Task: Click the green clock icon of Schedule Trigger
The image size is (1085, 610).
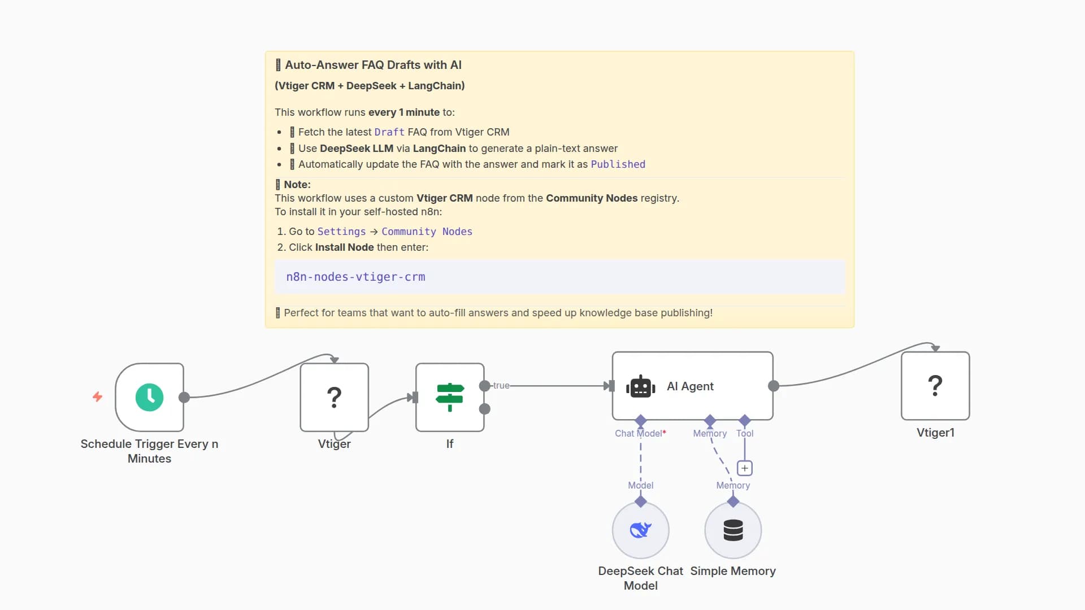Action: coord(149,397)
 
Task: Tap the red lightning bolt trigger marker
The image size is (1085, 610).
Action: coord(97,397)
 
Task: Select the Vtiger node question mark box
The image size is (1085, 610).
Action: coord(334,397)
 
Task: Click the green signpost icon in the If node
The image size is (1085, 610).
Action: coord(450,397)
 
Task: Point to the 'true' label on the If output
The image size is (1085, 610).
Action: coord(501,385)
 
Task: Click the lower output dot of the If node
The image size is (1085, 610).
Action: coord(485,409)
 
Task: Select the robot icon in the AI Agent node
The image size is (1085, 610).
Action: coord(640,386)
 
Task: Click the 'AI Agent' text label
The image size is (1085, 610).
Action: coord(690,386)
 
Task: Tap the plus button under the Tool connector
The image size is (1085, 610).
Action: coord(744,468)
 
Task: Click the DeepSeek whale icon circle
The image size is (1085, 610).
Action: coord(640,530)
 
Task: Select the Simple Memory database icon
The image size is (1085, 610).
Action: coord(733,530)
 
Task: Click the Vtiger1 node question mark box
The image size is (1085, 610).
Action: coord(935,386)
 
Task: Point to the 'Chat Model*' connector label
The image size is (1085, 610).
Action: coord(640,433)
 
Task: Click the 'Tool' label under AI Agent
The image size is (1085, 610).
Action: coord(744,433)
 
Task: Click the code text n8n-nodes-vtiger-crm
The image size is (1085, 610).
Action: coord(355,277)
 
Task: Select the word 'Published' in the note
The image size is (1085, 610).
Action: coord(618,164)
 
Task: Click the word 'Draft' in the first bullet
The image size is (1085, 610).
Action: coord(389,132)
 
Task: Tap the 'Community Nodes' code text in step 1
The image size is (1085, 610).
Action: coord(427,232)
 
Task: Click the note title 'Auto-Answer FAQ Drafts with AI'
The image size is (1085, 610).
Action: coord(373,65)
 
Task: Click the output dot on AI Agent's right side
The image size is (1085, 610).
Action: coord(774,386)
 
